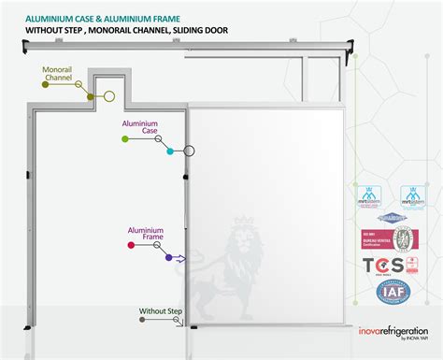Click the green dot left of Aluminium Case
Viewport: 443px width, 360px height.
(125, 138)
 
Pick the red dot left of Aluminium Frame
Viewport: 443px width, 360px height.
(130, 245)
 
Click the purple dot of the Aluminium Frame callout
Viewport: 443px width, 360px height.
(168, 257)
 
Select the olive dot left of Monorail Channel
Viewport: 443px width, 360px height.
(46, 84)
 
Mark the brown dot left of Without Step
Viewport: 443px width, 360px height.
(141, 320)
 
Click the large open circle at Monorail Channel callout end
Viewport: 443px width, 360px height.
(108, 95)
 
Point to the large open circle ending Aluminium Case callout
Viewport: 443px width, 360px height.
(189, 150)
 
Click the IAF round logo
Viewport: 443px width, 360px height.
(390, 293)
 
